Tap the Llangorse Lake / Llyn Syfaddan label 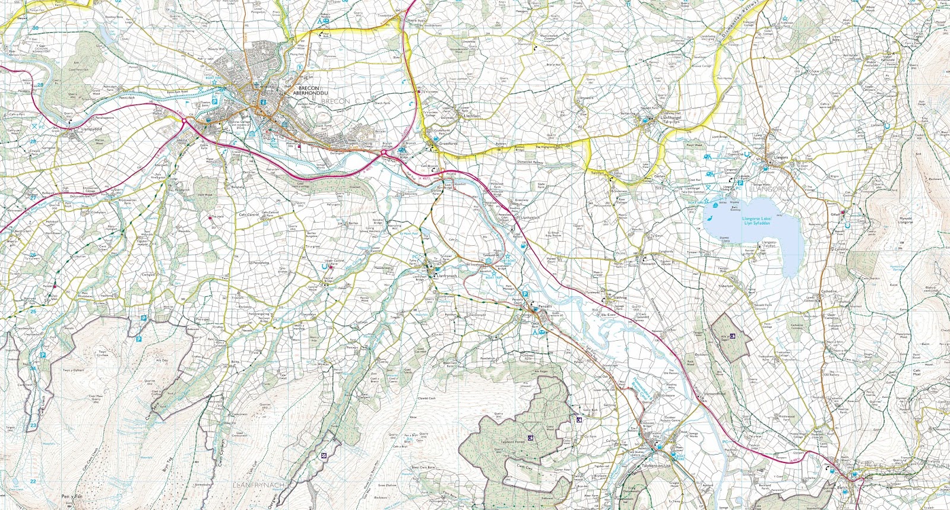756,220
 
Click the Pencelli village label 544,306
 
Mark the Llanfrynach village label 446,275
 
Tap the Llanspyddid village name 92,128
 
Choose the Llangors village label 781,157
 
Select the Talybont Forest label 512,442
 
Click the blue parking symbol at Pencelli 525,294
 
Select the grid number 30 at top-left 35,28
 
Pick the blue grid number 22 33,482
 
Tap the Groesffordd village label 448,143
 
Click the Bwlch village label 842,487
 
